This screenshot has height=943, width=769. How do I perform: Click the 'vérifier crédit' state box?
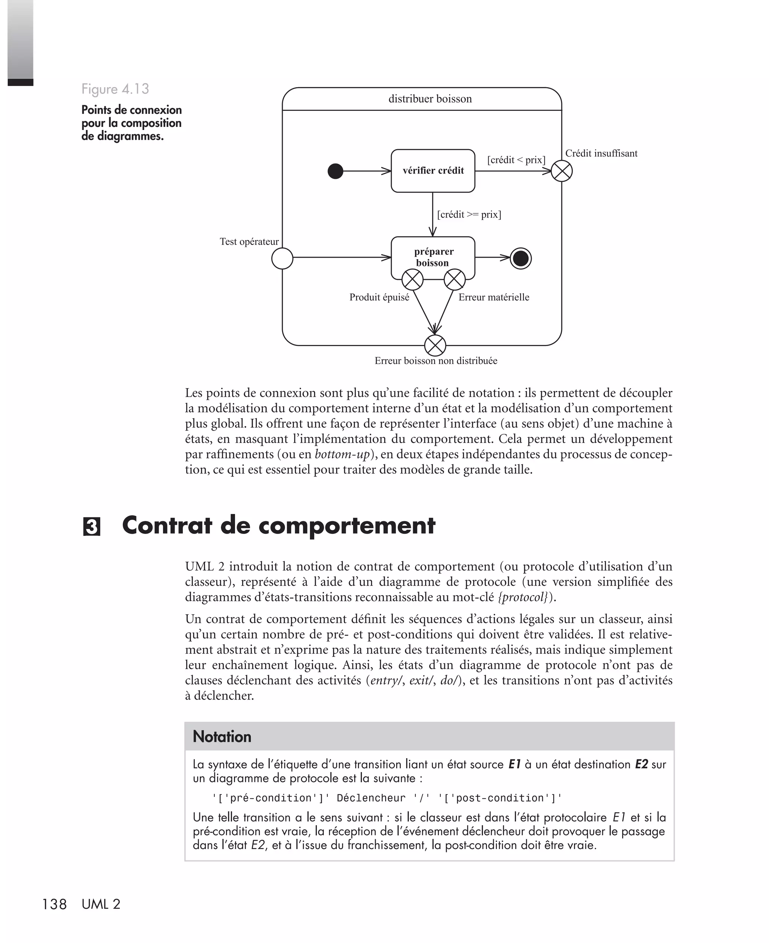click(x=433, y=171)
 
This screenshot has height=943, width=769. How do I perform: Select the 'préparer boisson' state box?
click(x=433, y=257)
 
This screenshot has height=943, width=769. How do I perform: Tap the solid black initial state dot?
click(x=335, y=171)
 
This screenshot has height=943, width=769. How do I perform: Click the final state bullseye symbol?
click(x=520, y=258)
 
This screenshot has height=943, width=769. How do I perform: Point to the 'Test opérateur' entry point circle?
click(x=282, y=258)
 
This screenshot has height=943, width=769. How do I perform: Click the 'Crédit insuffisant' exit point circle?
click(x=562, y=171)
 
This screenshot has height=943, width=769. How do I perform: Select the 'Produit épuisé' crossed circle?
click(x=412, y=280)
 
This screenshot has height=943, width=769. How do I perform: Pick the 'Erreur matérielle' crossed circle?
click(x=454, y=280)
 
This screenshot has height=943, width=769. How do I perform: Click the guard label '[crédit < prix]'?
click(x=516, y=160)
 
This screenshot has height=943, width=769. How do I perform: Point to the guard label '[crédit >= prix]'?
click(x=469, y=215)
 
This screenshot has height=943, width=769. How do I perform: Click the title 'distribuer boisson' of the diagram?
click(x=430, y=99)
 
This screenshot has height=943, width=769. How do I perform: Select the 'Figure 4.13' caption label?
click(x=115, y=89)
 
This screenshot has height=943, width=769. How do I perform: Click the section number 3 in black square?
click(x=92, y=527)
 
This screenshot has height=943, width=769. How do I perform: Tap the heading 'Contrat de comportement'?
click(x=279, y=526)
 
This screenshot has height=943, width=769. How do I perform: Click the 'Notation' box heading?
click(x=222, y=736)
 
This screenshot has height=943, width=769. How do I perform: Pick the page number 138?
click(x=54, y=904)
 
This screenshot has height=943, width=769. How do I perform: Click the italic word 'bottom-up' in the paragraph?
click(x=342, y=454)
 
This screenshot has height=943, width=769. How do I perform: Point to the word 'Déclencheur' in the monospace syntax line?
click(x=371, y=798)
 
